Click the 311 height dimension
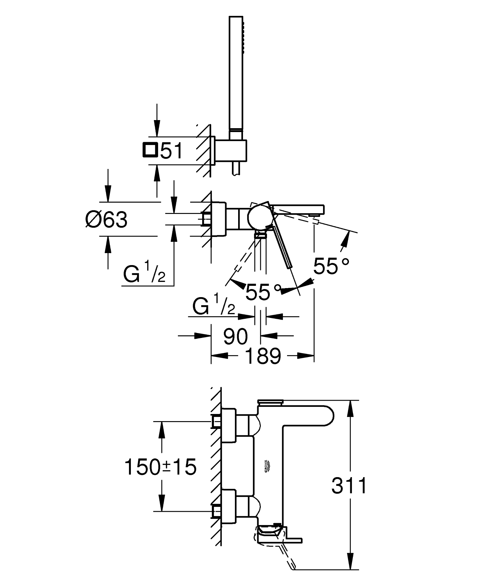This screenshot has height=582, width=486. [349, 485]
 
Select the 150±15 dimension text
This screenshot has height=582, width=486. [160, 467]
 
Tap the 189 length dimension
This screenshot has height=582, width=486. [263, 356]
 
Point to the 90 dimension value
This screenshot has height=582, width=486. [236, 336]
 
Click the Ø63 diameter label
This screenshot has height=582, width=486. [107, 220]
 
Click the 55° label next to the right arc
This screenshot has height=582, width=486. [331, 266]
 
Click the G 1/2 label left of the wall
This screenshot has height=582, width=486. [145, 275]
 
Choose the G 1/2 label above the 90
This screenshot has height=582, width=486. [214, 307]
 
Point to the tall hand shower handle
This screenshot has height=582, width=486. [236, 73]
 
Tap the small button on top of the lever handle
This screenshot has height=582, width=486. [269, 402]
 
